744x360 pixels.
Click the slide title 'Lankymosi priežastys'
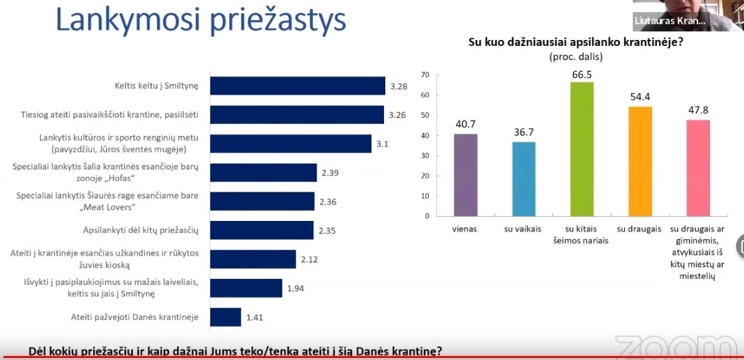[x=200, y=21]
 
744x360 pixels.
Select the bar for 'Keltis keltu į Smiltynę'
[x=297, y=86]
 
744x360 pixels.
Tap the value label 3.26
[x=397, y=115]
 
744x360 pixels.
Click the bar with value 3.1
[x=290, y=144]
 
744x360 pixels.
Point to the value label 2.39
[x=331, y=173]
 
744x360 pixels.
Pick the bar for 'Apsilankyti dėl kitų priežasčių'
[x=262, y=230]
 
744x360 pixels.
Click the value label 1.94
[x=295, y=287]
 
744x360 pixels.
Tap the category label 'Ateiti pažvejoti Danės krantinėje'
[x=135, y=317]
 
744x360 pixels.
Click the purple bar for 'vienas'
[x=466, y=175]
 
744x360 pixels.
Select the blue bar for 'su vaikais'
[x=524, y=179]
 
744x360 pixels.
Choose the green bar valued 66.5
[x=582, y=149]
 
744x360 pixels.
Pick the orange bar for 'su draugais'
[x=639, y=161]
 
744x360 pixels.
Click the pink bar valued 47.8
[x=697, y=168]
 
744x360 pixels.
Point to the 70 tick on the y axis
[x=425, y=75]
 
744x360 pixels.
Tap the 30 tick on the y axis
[x=425, y=156]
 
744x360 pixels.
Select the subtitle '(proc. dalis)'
[x=576, y=57]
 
